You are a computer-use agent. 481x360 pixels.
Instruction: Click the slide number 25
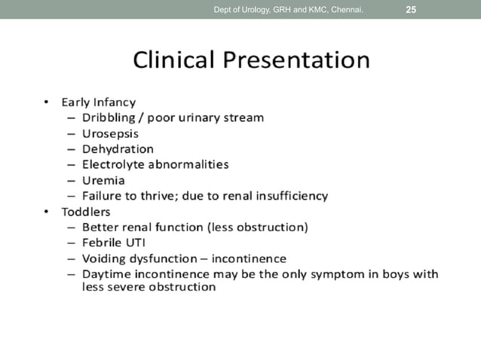point(412,10)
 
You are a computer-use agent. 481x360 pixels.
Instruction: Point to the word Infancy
point(115,102)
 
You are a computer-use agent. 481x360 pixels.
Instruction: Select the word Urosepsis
point(110,133)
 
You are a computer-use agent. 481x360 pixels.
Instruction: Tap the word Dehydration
point(118,149)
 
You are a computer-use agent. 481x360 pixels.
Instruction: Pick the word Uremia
point(103,180)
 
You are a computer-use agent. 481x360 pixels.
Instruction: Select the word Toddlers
point(85,212)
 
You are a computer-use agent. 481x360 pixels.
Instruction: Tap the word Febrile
point(102,243)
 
